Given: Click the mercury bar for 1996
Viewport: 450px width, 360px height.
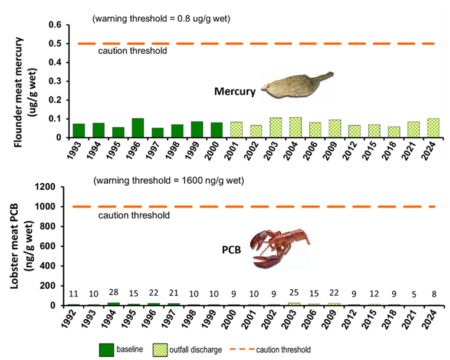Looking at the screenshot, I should pos(138,128).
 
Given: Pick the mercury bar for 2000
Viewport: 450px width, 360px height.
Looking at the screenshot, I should pos(217,130).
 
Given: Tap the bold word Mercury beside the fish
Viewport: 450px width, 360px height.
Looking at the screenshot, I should pos(235,92).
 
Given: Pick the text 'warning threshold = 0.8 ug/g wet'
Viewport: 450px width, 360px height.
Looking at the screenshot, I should pos(161,19).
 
